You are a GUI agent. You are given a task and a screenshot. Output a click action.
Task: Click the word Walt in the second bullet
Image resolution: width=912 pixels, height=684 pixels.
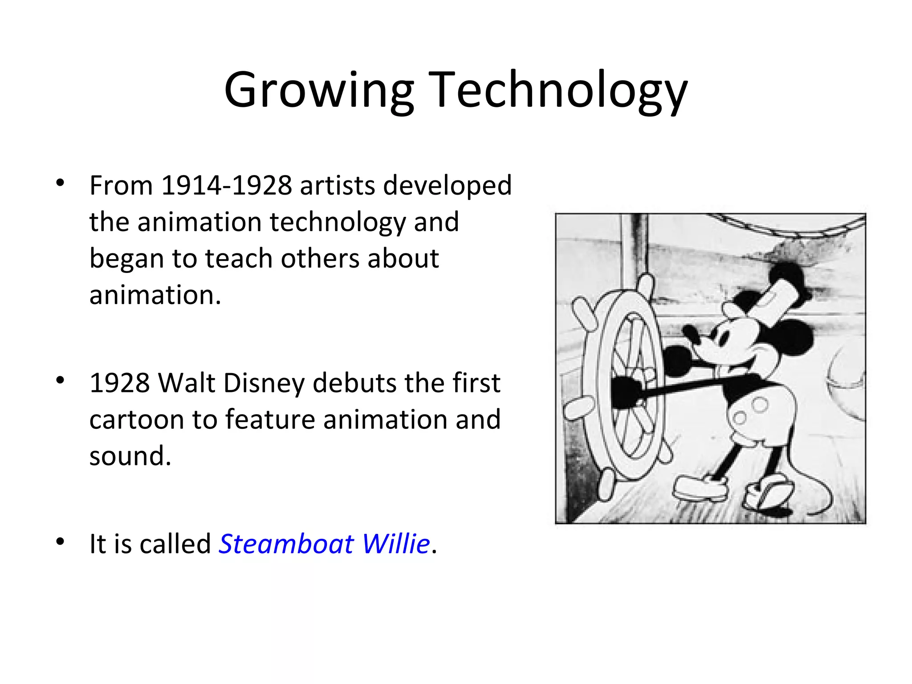[186, 383]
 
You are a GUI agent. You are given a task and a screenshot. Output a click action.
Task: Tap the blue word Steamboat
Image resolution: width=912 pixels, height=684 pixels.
[286, 544]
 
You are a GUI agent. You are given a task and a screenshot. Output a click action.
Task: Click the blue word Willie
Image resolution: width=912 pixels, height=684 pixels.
[395, 544]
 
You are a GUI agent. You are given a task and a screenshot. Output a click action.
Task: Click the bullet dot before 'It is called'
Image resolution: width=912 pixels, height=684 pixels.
[61, 541]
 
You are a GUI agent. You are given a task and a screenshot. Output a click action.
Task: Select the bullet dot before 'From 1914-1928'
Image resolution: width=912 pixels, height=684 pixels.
[61, 183]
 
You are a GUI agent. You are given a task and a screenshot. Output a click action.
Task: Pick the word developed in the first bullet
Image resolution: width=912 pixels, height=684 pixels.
[447, 185]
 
